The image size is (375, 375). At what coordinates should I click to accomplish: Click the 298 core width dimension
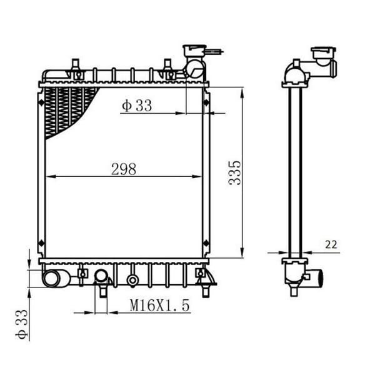tap(124, 169)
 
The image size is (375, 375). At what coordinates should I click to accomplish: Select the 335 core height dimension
tap(234, 173)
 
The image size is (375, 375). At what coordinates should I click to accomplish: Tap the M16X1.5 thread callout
tap(159, 305)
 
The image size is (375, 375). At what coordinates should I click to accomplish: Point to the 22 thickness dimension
tap(331, 244)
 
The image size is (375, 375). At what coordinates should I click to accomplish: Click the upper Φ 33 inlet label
tap(137, 106)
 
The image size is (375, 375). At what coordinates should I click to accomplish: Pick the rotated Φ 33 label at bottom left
tap(21, 324)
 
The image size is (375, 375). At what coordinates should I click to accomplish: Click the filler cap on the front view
tap(194, 50)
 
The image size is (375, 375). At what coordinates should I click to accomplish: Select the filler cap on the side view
tap(323, 53)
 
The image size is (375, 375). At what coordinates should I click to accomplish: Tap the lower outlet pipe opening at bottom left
tap(51, 279)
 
